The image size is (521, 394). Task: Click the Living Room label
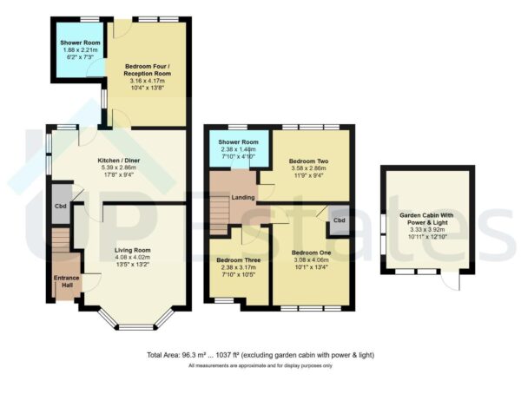132,251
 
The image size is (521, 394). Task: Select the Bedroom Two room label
307,161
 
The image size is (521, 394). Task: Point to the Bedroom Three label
236,261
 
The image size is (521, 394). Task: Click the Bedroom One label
311,253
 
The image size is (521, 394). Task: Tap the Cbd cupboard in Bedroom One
338,221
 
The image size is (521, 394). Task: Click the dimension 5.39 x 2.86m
115,167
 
